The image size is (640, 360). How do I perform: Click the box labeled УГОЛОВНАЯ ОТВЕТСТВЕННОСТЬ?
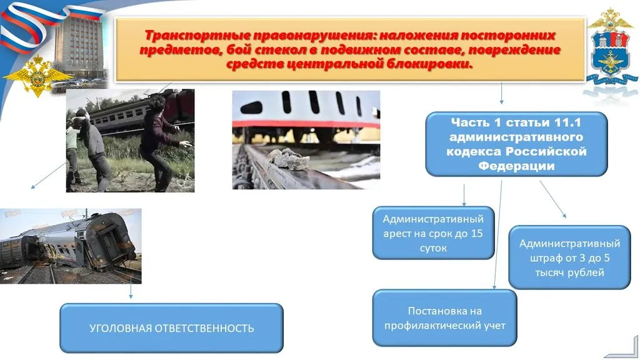[171, 328]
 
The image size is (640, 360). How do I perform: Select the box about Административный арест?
[434, 232]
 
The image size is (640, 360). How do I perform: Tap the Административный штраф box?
[569, 257]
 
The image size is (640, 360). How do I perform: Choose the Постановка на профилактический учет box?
[444, 317]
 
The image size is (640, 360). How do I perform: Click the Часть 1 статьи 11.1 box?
[516, 144]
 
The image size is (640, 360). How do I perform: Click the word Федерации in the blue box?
[516, 166]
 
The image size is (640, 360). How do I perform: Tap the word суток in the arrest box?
[434, 248]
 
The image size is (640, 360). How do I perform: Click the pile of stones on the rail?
[289, 159]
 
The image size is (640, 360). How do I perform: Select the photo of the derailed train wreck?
[70, 246]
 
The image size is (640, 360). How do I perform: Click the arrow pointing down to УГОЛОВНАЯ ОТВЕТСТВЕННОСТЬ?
[131, 292]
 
